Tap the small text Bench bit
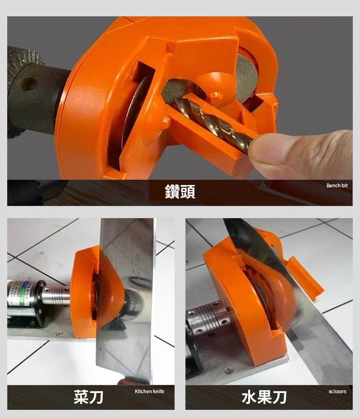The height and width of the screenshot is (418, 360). (340, 185)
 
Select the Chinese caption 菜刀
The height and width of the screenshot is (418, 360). (89, 397)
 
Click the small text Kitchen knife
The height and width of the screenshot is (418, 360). (149, 392)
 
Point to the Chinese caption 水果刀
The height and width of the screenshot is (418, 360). (264, 397)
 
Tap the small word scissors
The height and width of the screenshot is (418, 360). (337, 392)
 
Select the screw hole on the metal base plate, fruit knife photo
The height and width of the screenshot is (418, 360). (229, 371)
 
